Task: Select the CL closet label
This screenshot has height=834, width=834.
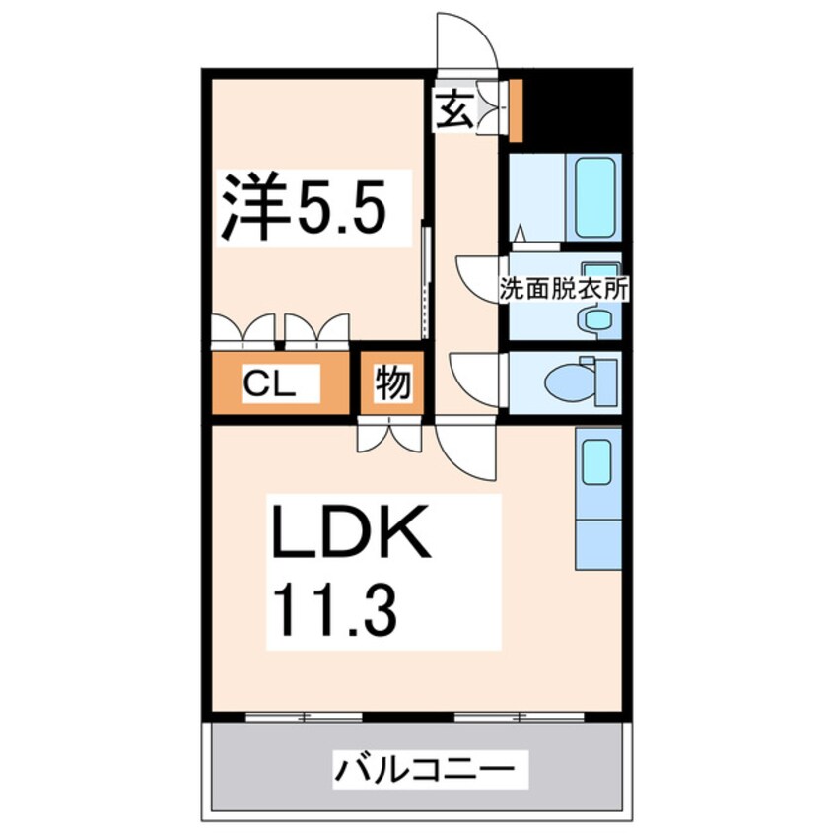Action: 268,383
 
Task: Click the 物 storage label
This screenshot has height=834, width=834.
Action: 392,384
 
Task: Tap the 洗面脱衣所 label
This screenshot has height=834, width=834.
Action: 565,291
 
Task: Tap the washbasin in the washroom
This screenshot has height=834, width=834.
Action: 596,317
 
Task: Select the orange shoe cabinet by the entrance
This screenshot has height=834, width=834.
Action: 515,110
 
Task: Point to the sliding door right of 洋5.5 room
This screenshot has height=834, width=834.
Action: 425,281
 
